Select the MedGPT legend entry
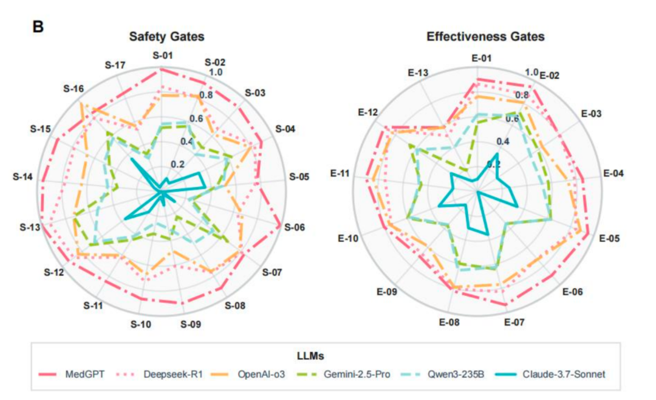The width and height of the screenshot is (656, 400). [x=78, y=373]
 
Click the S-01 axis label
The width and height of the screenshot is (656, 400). [x=162, y=56]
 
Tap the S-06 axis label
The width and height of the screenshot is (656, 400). [x=296, y=228]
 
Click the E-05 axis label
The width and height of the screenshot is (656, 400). [x=609, y=238]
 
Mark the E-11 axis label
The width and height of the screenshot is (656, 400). [x=340, y=174]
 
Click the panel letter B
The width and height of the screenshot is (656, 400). [x=38, y=27]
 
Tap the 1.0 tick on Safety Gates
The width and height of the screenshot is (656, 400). [x=215, y=72]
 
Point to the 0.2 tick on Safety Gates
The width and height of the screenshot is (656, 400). [x=177, y=164]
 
